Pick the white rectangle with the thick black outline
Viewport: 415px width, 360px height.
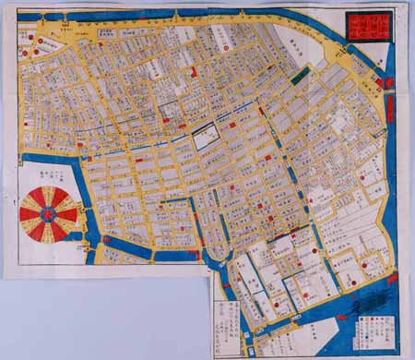[206, 138]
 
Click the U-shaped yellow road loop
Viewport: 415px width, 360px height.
[220, 250]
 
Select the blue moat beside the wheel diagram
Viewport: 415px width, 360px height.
[81, 198]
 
